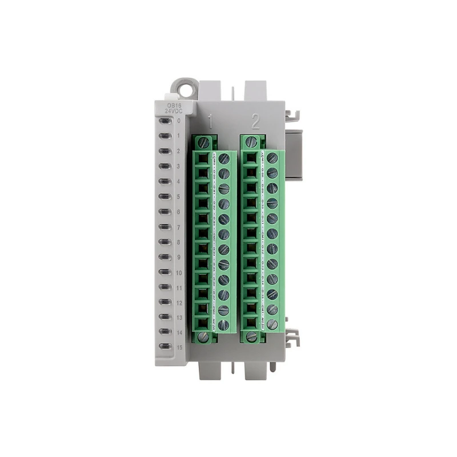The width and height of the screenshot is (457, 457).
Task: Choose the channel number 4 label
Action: click(179, 182)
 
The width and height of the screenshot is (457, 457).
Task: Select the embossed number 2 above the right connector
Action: click(255, 121)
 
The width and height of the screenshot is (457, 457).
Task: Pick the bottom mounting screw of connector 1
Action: click(205, 337)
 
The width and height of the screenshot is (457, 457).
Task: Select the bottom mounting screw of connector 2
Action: click(251, 337)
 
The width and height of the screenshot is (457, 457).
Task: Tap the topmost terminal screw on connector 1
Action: click(223, 158)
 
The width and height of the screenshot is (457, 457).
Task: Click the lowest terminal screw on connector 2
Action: click(272, 324)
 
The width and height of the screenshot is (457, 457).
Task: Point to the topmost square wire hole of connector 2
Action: click(250, 157)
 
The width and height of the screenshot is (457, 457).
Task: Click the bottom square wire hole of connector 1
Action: click(202, 324)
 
